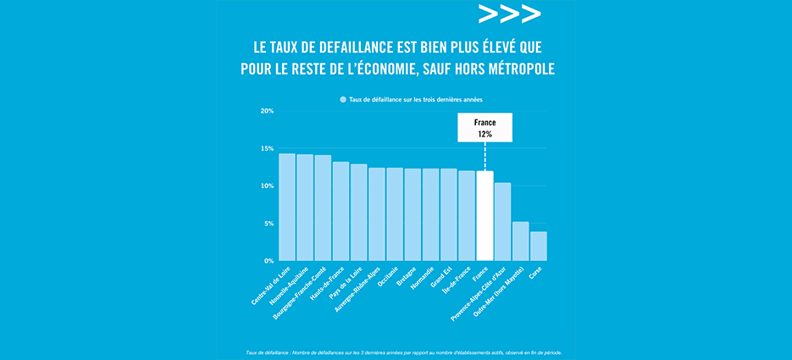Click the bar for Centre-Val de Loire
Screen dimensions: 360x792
[287, 208]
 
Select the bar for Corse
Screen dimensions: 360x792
[539, 246]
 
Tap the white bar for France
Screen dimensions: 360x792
[485, 216]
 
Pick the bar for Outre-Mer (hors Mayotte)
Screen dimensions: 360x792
[521, 241]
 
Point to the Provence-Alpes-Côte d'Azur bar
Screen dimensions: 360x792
[502, 222]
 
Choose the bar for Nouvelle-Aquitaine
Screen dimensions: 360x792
[305, 208]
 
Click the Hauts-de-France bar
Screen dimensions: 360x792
[341, 211]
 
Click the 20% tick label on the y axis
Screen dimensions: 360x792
[266, 111]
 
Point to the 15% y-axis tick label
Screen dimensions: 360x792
[266, 148]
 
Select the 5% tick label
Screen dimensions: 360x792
[268, 224]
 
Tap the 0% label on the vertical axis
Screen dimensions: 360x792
[268, 261]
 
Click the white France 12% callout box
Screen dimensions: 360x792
[485, 128]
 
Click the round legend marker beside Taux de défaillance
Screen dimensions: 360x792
[343, 99]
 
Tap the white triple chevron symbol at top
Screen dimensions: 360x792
[508, 14]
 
